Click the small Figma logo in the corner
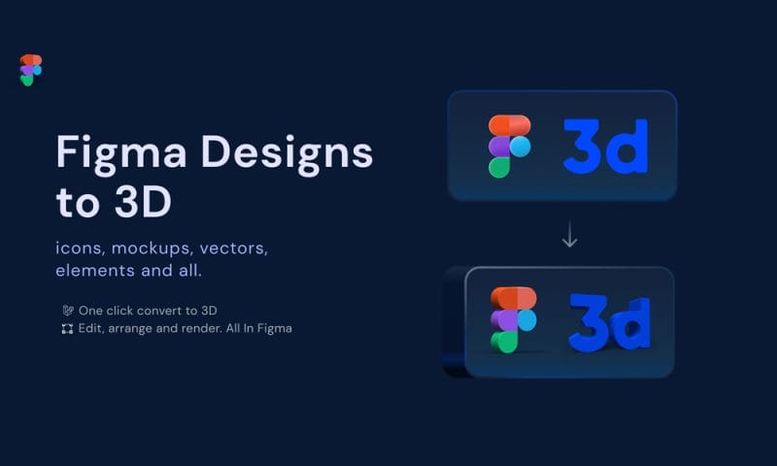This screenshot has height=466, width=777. tap(30, 70)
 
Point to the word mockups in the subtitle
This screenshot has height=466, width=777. tap(152, 249)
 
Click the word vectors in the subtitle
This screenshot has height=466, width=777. tap(233, 249)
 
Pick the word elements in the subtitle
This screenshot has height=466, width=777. tap(94, 271)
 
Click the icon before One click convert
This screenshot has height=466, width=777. tap(67, 311)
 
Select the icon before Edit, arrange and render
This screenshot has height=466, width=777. tap(67, 329)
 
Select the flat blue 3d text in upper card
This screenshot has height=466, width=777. tap(604, 147)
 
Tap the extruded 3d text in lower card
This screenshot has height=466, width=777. tap(609, 321)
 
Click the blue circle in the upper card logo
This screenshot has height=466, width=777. tap(522, 147)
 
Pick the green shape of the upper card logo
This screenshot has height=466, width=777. tap(499, 167)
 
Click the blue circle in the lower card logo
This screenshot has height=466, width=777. tap(525, 320)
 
